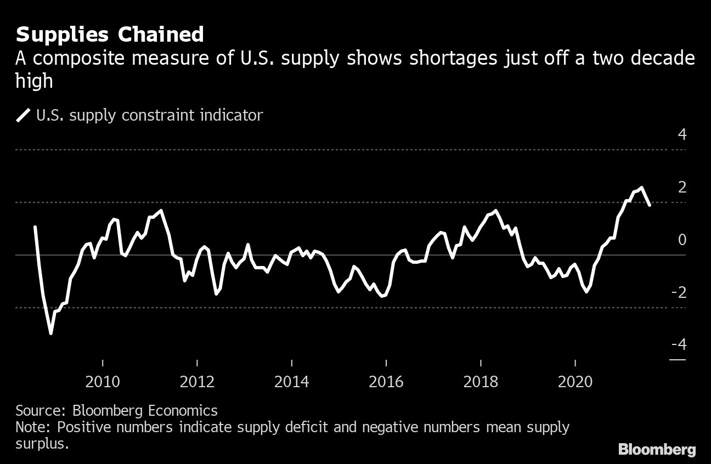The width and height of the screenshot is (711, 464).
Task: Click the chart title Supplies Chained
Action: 110,35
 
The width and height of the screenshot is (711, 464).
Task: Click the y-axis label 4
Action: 682,134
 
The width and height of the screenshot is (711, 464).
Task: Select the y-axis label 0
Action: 682,240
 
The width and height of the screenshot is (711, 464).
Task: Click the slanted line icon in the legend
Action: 24,116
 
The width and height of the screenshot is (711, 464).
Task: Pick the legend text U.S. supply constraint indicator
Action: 149,116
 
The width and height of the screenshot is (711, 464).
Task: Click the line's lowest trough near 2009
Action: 51,333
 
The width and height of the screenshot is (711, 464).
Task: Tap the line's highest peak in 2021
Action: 641,188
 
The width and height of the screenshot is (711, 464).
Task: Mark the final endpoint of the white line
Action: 650,205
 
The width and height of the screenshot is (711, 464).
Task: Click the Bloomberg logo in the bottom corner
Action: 657,450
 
